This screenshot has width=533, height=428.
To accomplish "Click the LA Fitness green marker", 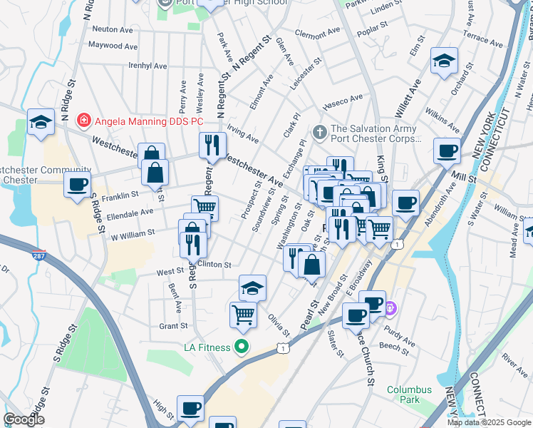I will click(x=242, y=347).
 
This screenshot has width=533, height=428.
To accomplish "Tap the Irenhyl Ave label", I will click(x=148, y=66).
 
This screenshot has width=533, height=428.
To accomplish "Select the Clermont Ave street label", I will click(x=317, y=34).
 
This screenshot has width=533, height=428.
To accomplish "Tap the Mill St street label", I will click(x=467, y=176).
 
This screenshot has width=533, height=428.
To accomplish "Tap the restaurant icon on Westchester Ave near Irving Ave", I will click(x=212, y=145).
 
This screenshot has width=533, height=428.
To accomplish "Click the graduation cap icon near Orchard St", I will click(x=444, y=61).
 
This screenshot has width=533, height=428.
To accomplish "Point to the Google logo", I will click(x=23, y=419).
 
